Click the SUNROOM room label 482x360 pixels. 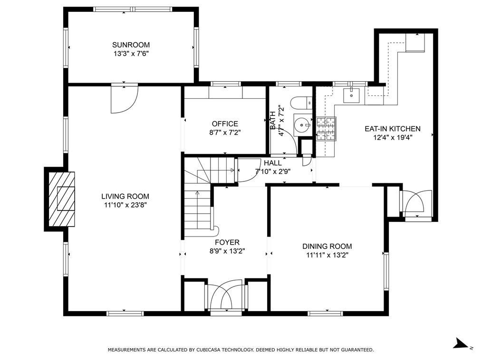coord(131,45)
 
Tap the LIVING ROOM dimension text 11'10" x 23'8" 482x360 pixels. coord(125,205)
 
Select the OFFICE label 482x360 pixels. coord(225,124)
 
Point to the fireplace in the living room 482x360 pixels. coord(61,199)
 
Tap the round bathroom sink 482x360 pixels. coord(303,125)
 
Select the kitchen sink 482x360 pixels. coord(351,95)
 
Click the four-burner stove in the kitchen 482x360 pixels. coord(326,129)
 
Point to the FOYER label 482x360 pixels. coord(227,242)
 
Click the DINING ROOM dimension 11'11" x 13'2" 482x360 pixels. coord(327,255)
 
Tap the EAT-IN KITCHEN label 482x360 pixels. coord(393,129)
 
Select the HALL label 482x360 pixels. coord(273,163)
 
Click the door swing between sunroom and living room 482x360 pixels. coord(124,99)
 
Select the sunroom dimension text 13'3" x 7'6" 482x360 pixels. coord(131,54)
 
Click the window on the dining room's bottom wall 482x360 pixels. coord(325,313)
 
